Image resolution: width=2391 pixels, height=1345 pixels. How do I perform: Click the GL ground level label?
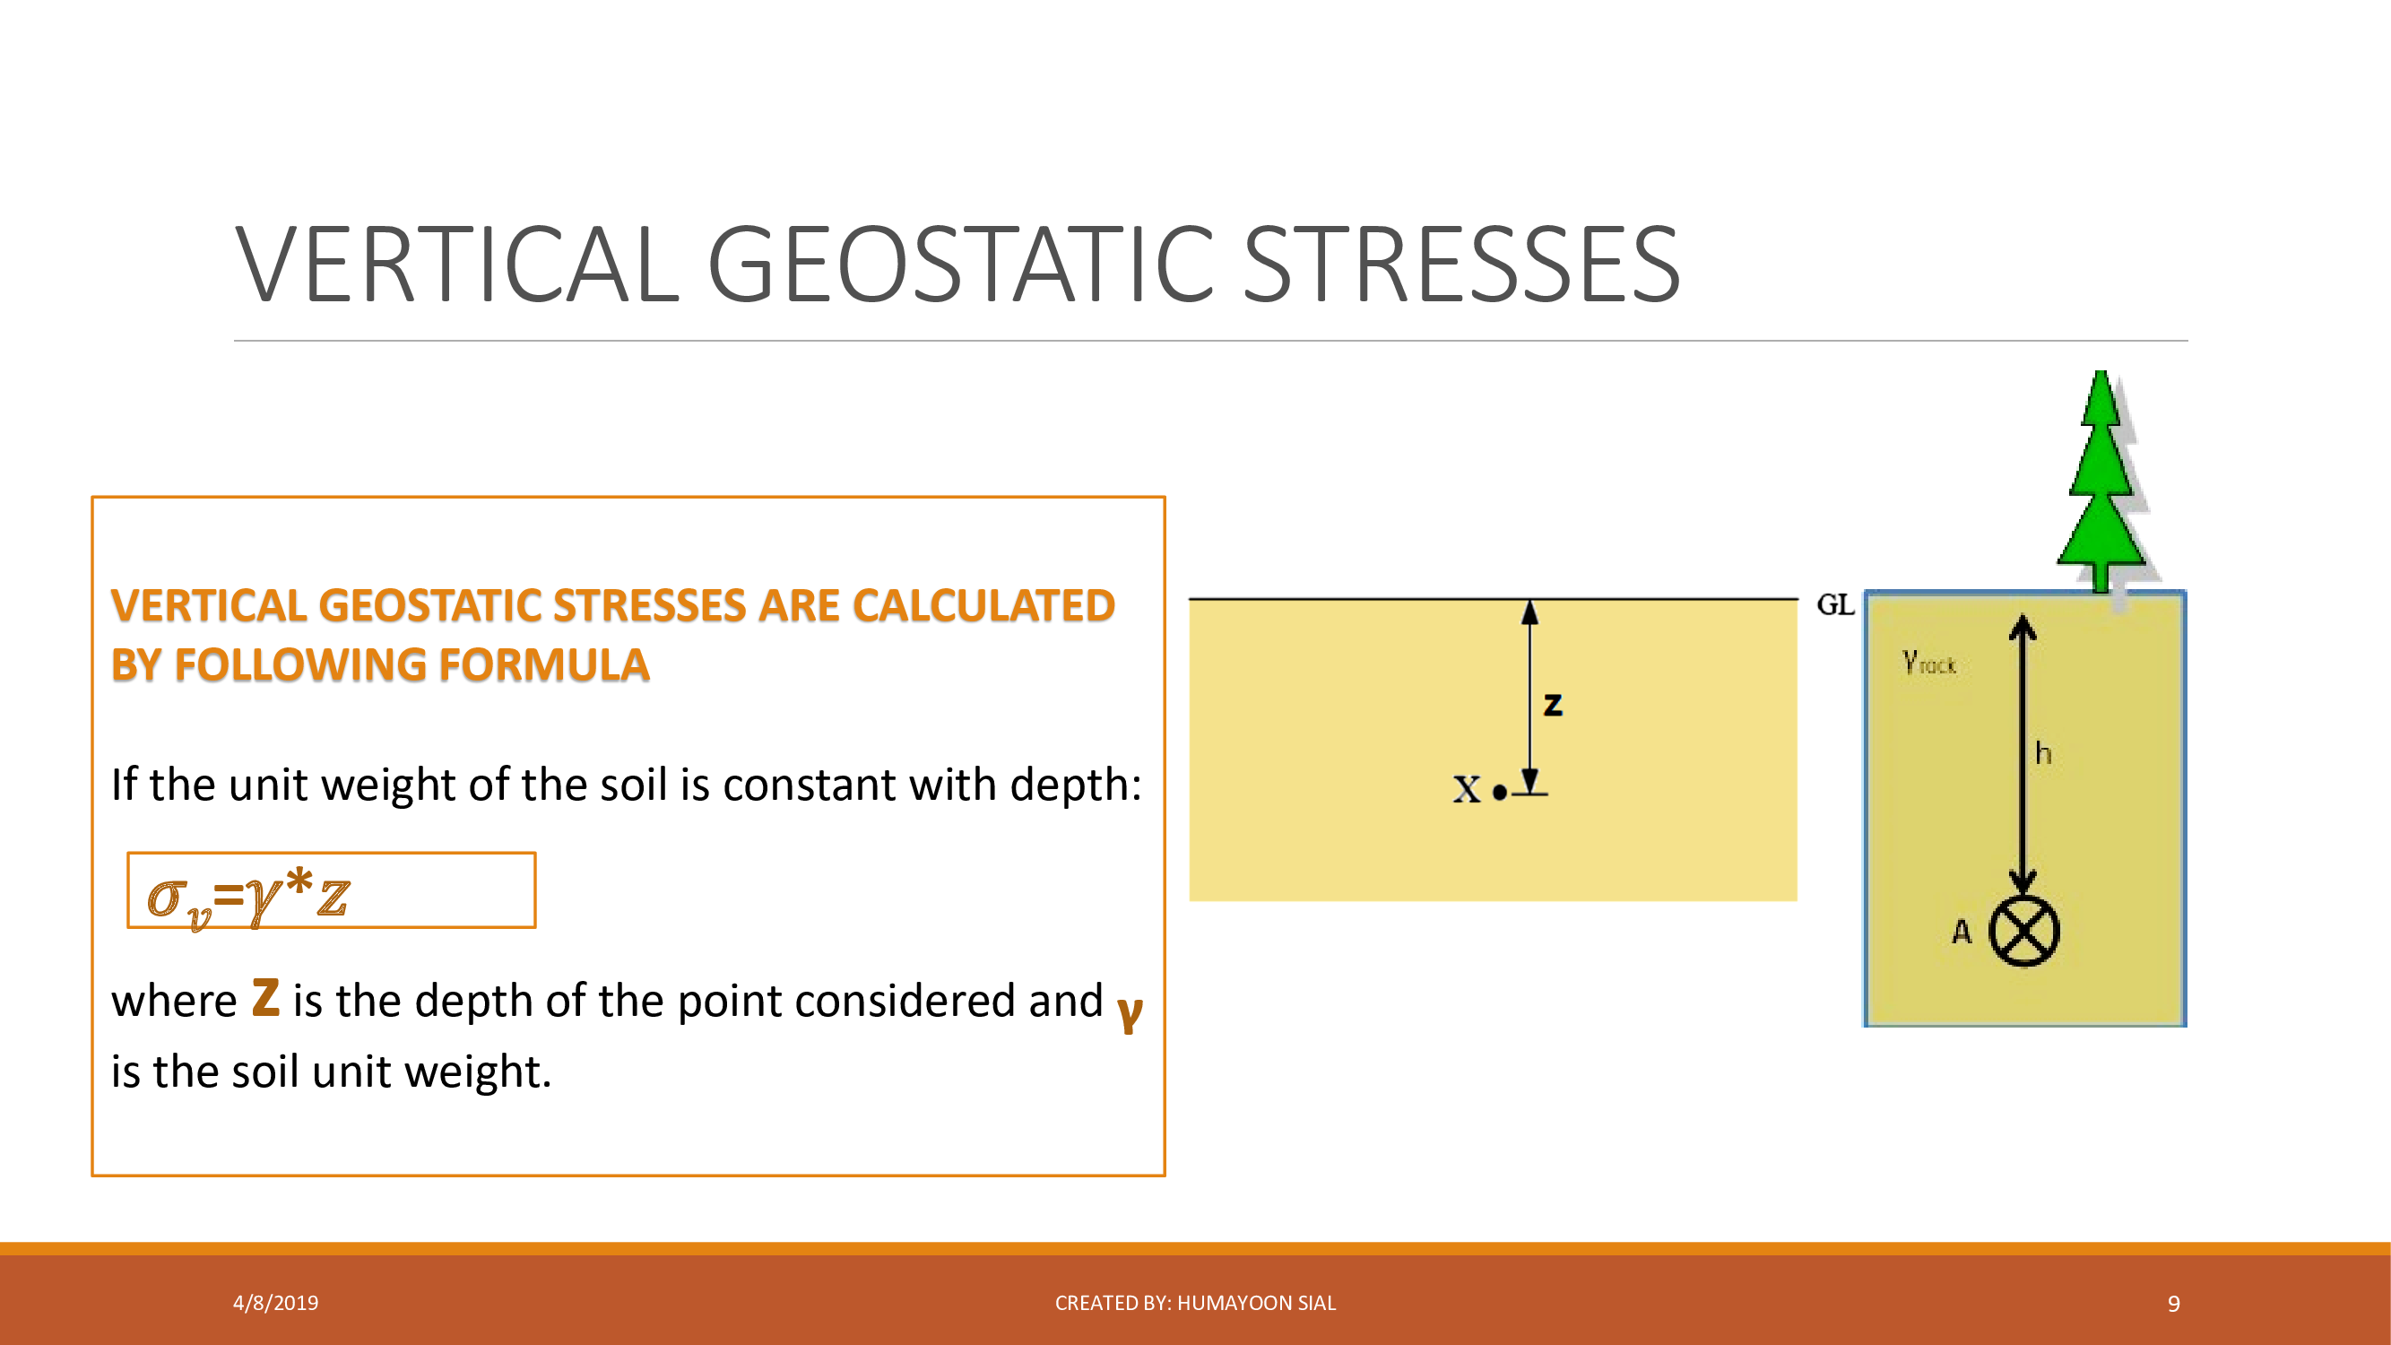[1835, 605]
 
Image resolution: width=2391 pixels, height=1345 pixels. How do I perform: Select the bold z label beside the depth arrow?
[1553, 706]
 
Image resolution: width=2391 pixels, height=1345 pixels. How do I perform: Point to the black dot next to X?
[1500, 793]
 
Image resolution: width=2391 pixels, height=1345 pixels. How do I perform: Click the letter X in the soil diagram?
[1467, 790]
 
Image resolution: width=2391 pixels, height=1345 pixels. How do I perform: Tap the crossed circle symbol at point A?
[2023, 931]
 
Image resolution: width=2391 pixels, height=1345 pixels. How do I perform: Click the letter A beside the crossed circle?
[1962, 931]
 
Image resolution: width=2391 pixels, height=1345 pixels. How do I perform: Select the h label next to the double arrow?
[2043, 753]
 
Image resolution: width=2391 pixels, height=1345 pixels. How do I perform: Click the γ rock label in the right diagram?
[1928, 662]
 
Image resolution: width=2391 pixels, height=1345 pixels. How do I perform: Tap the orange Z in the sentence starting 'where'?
[265, 998]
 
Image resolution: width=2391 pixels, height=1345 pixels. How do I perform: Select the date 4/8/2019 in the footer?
[275, 1303]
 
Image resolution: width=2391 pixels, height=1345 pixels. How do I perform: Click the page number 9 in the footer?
[2174, 1304]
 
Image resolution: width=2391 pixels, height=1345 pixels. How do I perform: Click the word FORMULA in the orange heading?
[545, 665]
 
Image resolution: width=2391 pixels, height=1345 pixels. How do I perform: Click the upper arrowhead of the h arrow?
[2023, 628]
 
